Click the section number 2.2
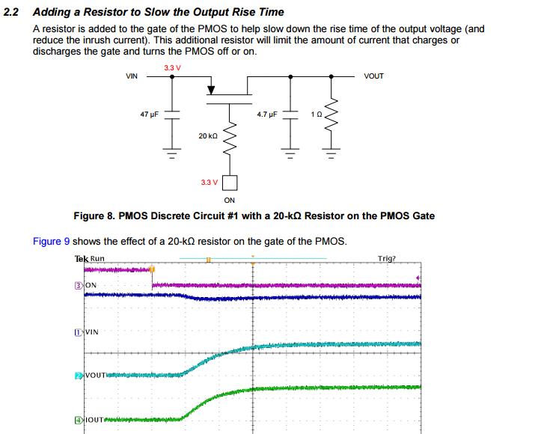coord(14,12)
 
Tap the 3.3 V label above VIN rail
coord(171,69)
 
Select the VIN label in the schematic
coord(132,76)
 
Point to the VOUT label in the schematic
coord(373,76)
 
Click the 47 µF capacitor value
coord(150,115)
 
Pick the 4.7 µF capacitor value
coord(266,115)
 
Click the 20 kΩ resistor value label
coord(207,135)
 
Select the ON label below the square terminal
coord(230,200)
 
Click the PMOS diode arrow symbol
coord(211,90)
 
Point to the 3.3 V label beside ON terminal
coord(210,182)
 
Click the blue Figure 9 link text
coord(52,241)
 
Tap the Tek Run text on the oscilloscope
coord(90,259)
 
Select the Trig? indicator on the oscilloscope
coord(387,259)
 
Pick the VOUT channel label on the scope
coord(94,374)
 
